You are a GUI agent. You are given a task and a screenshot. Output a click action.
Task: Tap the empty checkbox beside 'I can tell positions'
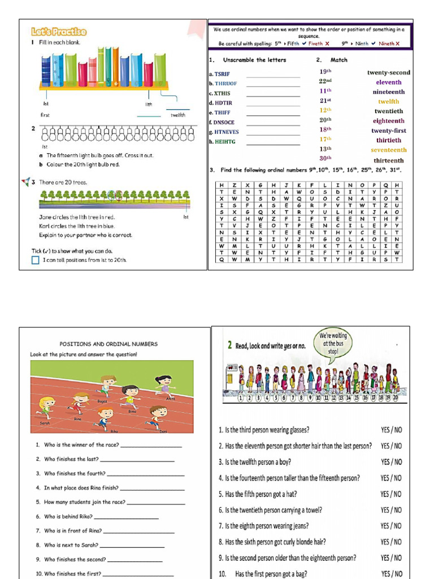click(36, 260)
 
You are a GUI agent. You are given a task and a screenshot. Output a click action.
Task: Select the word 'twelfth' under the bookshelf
click(177, 115)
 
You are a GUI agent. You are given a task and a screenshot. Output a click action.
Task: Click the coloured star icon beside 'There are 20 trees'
click(25, 182)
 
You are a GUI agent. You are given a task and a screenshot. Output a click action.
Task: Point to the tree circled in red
click(118, 195)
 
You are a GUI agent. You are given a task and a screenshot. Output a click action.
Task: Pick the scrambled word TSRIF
click(222, 74)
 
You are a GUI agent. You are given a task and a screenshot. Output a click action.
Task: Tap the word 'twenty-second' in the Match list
click(389, 72)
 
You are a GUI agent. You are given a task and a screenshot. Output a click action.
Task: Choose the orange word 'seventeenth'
click(388, 150)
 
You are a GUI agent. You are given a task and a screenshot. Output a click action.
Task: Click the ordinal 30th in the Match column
click(325, 158)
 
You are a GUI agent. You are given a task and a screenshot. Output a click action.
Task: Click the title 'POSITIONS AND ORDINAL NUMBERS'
click(108, 344)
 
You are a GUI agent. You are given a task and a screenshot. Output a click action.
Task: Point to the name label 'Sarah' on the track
click(45, 422)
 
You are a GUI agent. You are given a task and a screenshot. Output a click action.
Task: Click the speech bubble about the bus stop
click(333, 343)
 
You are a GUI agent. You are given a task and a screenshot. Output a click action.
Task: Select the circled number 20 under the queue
click(395, 397)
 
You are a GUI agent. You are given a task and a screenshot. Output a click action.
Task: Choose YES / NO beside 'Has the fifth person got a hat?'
click(391, 494)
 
